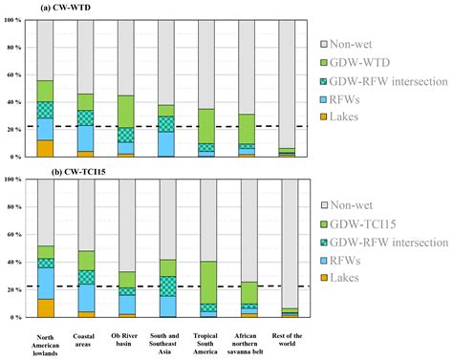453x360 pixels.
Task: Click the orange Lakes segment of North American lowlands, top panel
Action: pos(46,148)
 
